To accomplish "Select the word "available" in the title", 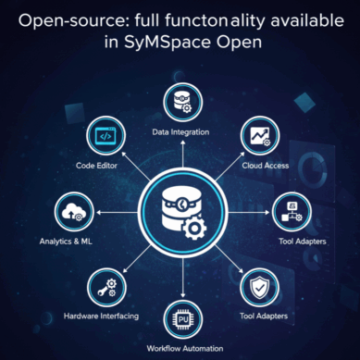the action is click(x=307, y=20).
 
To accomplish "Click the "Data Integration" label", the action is click(x=180, y=132).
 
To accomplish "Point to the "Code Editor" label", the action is click(x=96, y=166).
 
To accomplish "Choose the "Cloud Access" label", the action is click(x=266, y=166).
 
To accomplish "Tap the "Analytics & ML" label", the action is click(x=66, y=242).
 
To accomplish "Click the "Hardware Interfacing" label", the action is click(x=101, y=317).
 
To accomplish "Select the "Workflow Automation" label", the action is click(x=185, y=349).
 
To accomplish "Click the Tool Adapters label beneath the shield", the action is click(x=264, y=316).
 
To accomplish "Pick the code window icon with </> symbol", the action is click(x=106, y=136).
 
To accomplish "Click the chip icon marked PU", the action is click(x=183, y=319).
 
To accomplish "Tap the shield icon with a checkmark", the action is click(x=260, y=288).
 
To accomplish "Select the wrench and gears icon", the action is click(x=107, y=288).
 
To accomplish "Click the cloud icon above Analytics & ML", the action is click(x=74, y=212).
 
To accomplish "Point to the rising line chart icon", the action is click(x=260, y=136).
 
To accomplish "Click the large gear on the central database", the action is click(x=194, y=229).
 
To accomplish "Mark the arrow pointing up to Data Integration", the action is click(x=183, y=154).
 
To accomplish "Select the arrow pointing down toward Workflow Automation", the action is click(x=183, y=278).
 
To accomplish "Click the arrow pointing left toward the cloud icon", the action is click(x=117, y=212).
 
